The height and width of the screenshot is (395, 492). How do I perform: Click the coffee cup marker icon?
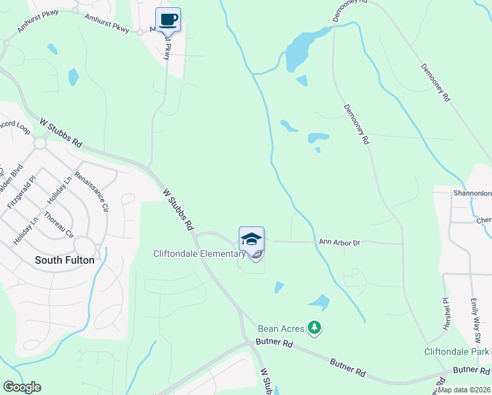[x=168, y=19]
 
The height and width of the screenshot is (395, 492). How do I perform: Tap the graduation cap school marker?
[x=251, y=238]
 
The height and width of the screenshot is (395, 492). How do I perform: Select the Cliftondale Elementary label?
[x=199, y=253]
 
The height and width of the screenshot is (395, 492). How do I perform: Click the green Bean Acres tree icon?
[x=315, y=327]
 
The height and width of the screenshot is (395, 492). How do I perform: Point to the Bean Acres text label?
[x=282, y=329]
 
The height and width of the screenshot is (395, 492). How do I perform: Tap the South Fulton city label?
[x=64, y=260]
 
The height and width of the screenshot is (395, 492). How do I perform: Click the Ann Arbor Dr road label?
[x=339, y=242]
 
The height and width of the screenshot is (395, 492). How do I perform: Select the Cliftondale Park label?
[x=456, y=352]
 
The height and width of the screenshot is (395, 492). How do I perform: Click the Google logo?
[x=22, y=387]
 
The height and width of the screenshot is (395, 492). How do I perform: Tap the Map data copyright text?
[x=464, y=390]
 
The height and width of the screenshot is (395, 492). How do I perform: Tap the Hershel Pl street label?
[x=446, y=309]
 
